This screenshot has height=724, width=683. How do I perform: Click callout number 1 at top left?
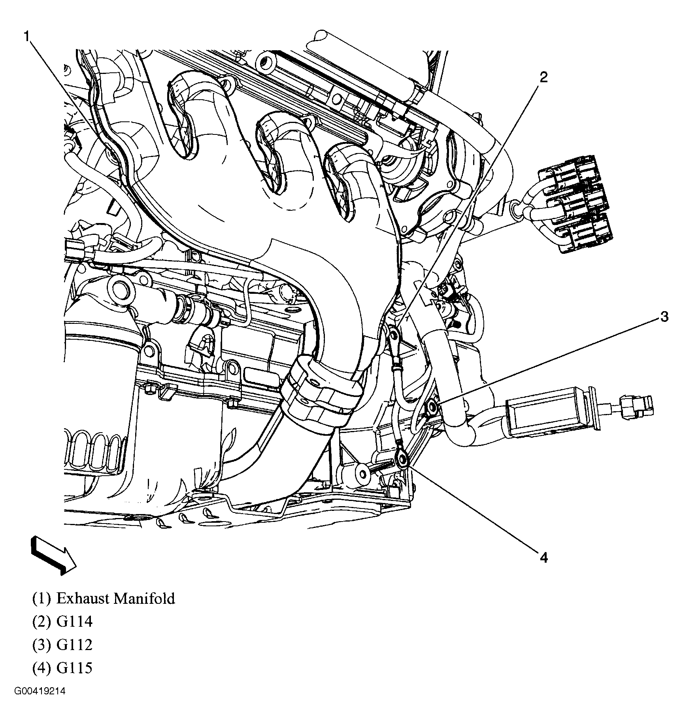point(26,37)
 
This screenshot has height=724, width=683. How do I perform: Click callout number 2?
point(543,78)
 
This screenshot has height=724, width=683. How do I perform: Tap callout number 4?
point(543,558)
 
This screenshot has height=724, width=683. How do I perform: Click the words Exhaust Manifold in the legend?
point(115,598)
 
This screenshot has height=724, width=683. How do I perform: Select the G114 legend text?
point(74,622)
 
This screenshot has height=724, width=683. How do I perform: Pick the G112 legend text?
point(74,645)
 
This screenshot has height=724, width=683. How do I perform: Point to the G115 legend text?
point(74,668)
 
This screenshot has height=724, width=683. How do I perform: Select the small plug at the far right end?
point(636,406)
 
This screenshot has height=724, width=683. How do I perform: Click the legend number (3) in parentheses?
point(42,645)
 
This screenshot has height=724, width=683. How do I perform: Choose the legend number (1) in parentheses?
point(42,598)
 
